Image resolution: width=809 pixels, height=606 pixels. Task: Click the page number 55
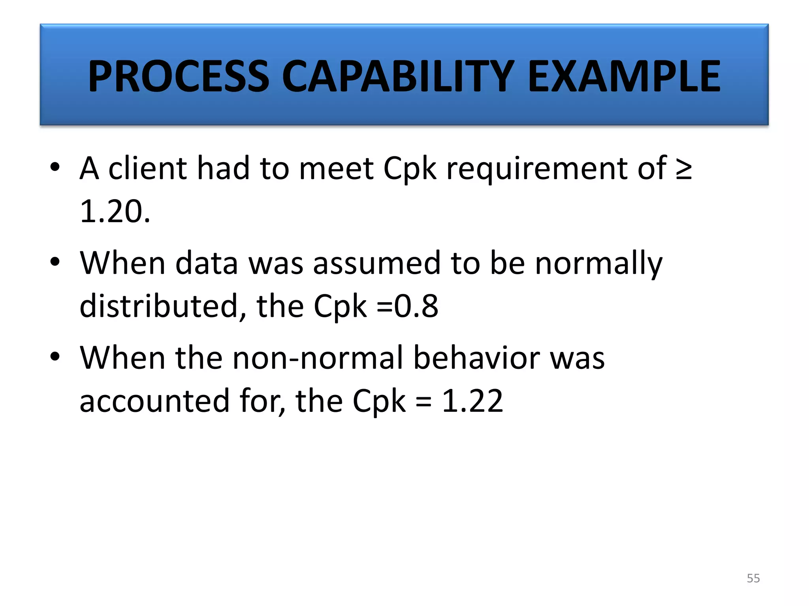tap(753, 578)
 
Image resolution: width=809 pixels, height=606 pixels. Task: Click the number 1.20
tap(115, 212)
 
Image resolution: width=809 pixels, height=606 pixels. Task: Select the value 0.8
tap(416, 306)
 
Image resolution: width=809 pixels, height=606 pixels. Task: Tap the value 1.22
tap(472, 401)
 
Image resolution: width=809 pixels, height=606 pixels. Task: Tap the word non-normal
tap(317, 358)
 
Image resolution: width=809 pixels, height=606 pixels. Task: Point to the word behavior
tap(476, 358)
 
